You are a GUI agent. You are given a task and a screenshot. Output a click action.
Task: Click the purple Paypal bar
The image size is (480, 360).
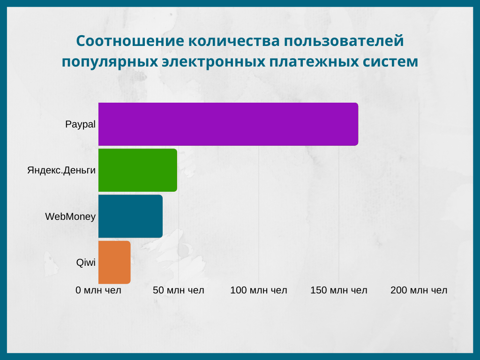coord(228,124)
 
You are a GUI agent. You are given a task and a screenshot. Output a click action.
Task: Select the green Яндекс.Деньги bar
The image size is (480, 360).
coord(138,170)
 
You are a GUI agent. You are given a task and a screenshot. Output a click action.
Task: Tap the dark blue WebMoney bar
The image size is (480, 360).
coord(130,216)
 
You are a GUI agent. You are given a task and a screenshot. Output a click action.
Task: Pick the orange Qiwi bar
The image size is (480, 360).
coord(114,262)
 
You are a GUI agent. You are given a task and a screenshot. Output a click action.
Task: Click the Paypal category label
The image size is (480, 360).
coord(80,124)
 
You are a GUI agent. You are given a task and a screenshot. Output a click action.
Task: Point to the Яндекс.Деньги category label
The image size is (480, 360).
coord(61,170)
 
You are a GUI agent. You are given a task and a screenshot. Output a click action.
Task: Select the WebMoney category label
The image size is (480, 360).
coord(70,217)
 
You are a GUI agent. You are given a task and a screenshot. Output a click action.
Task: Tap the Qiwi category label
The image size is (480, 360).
coord(86,262)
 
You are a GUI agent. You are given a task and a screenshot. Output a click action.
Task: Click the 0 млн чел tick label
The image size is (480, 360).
coord(98,290)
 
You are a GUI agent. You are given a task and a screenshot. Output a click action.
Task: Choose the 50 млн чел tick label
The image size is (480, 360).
coord(179,290)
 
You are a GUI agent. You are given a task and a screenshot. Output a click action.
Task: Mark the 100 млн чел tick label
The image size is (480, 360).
coord(259,290)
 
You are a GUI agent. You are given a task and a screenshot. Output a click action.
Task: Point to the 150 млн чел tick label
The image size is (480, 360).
coord(339,290)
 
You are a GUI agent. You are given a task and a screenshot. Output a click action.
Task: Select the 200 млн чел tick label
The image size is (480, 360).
coord(419,290)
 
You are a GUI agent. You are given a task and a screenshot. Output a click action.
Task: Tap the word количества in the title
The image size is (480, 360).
coord(234,41)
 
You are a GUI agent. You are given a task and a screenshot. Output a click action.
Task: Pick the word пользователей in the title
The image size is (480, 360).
coord(344,41)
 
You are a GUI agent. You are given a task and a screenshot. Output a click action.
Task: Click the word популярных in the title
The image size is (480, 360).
coord(110,62)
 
